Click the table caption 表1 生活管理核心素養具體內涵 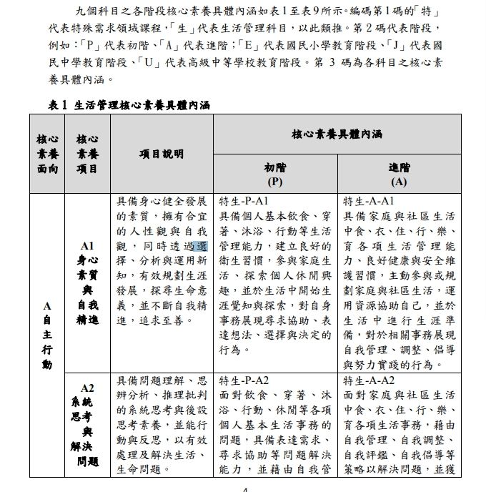129,104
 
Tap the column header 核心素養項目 87,154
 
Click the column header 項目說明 162,154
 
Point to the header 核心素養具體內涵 337,134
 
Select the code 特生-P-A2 244,380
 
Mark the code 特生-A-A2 370,380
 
